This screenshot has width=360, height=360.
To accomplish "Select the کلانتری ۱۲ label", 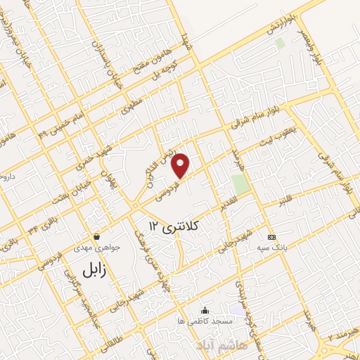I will coord(175,226).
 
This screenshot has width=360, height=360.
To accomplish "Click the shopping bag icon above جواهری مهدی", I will coord(96,237).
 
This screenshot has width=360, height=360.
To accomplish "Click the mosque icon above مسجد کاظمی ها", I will coord(205,310).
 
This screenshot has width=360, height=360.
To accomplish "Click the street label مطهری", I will coord(131,102).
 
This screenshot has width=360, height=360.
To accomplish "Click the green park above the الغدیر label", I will coord(240,184).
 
